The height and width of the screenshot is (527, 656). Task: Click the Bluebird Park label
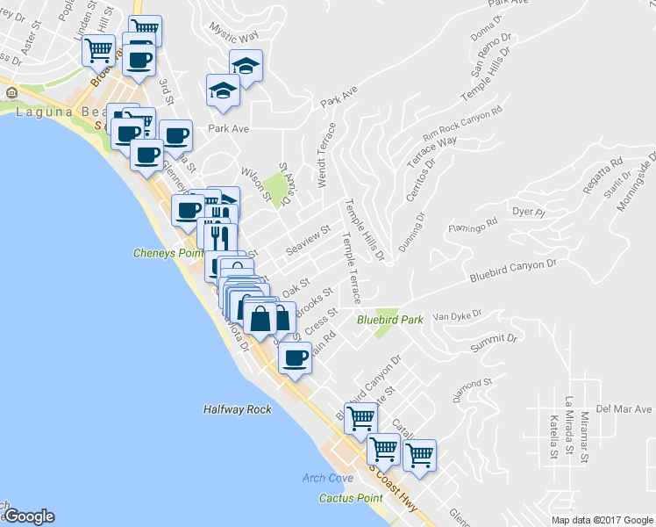pyautogui.click(x=389, y=320)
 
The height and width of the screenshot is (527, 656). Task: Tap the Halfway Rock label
pyautogui.click(x=236, y=409)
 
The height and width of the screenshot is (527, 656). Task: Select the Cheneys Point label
pyautogui.click(x=167, y=253)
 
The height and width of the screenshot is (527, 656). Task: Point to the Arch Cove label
pyautogui.click(x=327, y=478)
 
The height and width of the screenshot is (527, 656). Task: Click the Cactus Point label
pyautogui.click(x=351, y=498)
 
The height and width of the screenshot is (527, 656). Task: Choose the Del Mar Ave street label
pyautogui.click(x=624, y=409)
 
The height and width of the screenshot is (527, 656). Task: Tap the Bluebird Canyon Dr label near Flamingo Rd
pyautogui.click(x=513, y=267)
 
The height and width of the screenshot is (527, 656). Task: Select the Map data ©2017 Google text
pyautogui.click(x=601, y=520)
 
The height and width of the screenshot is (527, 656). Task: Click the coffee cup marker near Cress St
pyautogui.click(x=296, y=357)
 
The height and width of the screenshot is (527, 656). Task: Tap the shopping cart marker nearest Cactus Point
pyautogui.click(x=383, y=449)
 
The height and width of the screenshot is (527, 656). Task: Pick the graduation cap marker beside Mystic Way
pyautogui.click(x=246, y=65)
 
